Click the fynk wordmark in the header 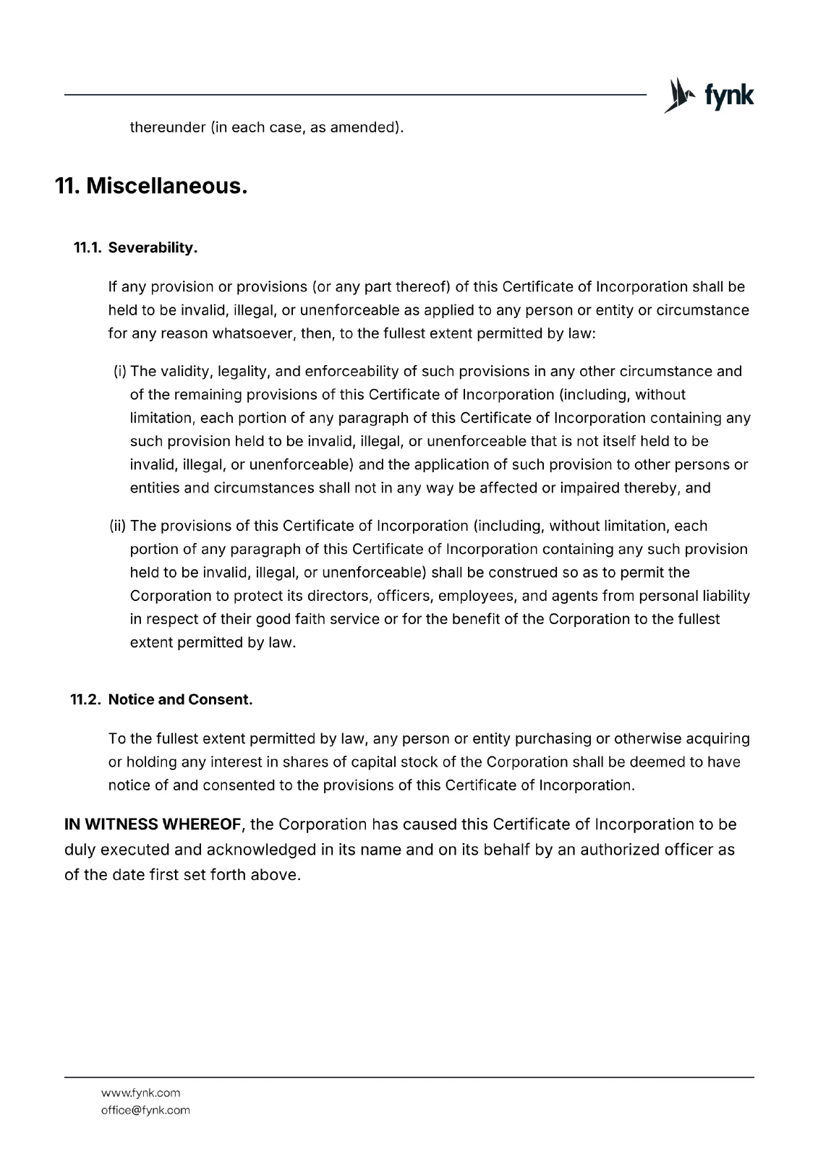[x=728, y=96]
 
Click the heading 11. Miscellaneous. [x=151, y=186]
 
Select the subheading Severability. [x=153, y=248]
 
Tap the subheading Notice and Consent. [x=180, y=700]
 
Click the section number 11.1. [x=88, y=248]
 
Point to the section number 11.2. [x=86, y=700]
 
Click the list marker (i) [x=120, y=372]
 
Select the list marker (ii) [x=118, y=526]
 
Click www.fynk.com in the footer [x=140, y=1093]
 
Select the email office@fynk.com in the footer [x=145, y=1110]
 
